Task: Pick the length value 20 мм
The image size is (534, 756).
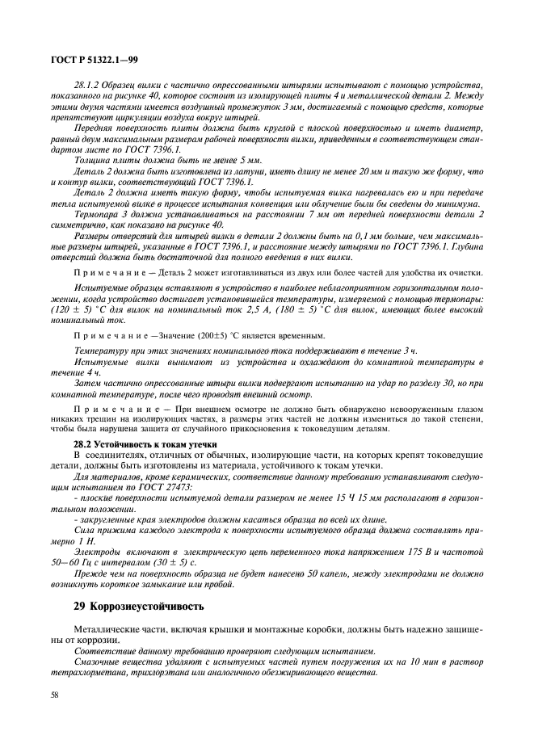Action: [376, 171]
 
